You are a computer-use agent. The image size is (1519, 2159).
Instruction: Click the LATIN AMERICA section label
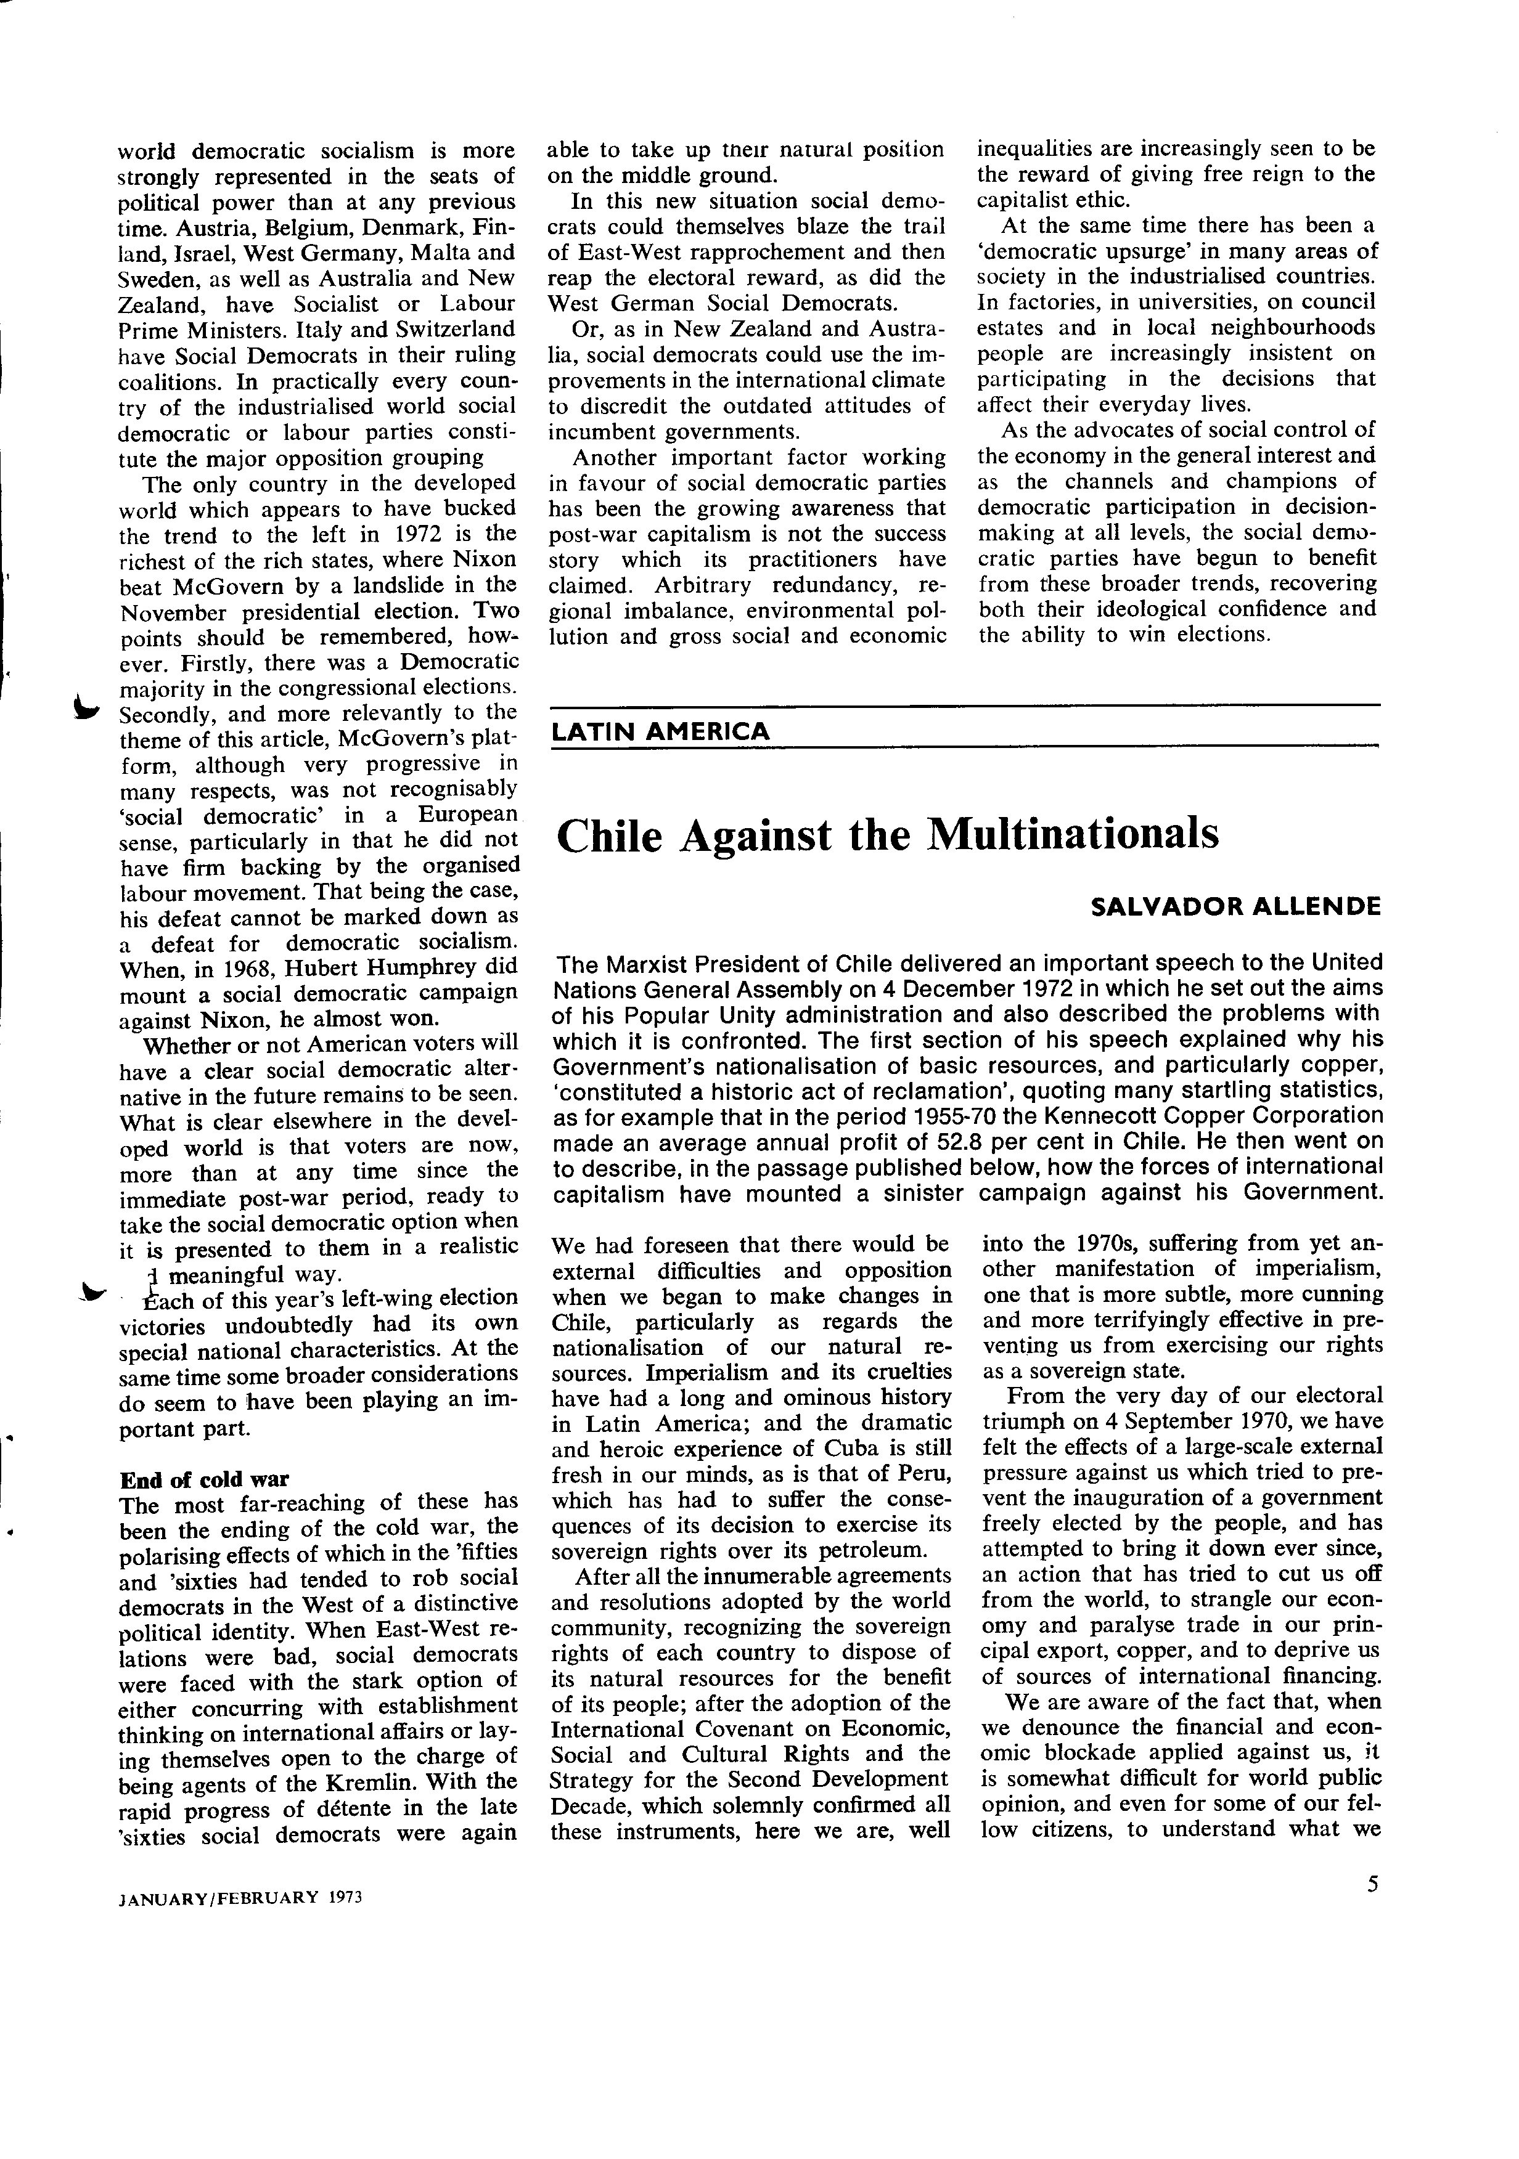pyautogui.click(x=660, y=731)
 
